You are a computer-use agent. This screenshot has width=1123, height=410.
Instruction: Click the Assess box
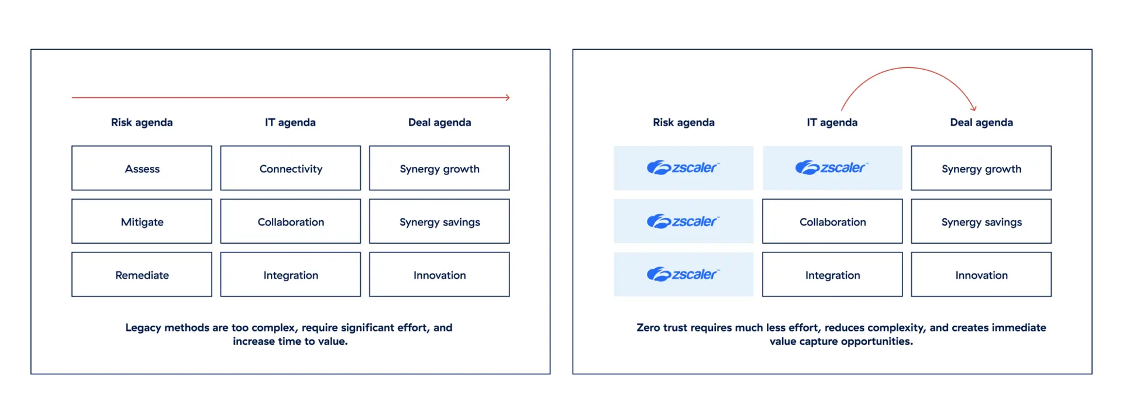tap(142, 168)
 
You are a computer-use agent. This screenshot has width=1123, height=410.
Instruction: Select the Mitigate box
tap(142, 221)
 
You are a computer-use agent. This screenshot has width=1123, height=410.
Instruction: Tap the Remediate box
tap(142, 275)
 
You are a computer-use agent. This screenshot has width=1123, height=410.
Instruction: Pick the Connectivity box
tap(291, 168)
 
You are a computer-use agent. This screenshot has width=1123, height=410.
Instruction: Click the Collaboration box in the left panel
tap(291, 221)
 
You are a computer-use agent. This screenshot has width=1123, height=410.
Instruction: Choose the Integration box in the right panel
tap(832, 275)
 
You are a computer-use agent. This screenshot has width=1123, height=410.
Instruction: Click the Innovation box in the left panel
tap(439, 275)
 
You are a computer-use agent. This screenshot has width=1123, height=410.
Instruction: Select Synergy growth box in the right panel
tap(981, 168)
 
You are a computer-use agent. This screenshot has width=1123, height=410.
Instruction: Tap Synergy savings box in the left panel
tap(439, 221)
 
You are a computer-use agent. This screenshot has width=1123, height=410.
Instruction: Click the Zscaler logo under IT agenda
tap(832, 168)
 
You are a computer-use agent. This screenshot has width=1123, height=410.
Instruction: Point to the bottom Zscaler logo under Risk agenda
tap(683, 274)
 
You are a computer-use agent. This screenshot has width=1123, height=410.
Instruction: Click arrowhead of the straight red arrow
tap(508, 97)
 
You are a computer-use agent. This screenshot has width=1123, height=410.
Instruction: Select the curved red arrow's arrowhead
tap(974, 108)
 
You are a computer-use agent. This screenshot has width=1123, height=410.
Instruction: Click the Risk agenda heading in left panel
tap(142, 122)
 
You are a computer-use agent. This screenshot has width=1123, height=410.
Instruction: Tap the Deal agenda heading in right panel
tap(981, 122)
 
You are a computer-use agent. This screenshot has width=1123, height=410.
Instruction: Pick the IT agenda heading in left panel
tap(290, 122)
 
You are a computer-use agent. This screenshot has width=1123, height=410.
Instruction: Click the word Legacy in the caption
tap(143, 327)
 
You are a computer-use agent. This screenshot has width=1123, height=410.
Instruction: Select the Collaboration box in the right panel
tap(832, 221)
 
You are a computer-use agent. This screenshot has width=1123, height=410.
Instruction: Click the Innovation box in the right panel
tap(981, 275)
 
